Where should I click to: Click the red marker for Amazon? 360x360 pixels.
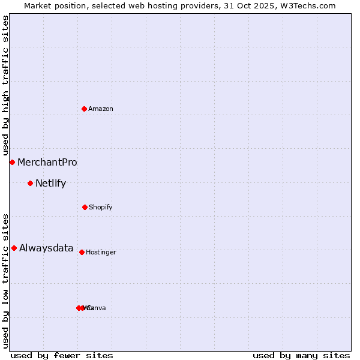click(x=85, y=109)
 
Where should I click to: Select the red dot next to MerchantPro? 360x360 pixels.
click(x=12, y=162)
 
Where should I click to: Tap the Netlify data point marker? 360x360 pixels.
click(x=30, y=183)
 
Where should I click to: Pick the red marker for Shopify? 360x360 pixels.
click(x=85, y=207)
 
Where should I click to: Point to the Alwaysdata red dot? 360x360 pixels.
click(x=14, y=248)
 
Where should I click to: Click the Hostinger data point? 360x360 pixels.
click(x=82, y=252)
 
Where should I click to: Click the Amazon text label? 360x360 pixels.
click(x=101, y=109)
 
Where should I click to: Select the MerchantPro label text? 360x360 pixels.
click(x=47, y=162)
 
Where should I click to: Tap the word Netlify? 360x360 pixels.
click(x=51, y=183)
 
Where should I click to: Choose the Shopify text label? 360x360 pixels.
click(x=101, y=207)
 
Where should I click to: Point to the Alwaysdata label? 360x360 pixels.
click(x=46, y=248)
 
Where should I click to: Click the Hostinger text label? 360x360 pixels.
click(x=101, y=252)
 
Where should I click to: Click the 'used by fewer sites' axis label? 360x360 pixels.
click(x=62, y=355)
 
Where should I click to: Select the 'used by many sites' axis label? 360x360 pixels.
click(x=301, y=355)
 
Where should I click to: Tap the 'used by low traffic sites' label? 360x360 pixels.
click(x=5, y=281)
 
